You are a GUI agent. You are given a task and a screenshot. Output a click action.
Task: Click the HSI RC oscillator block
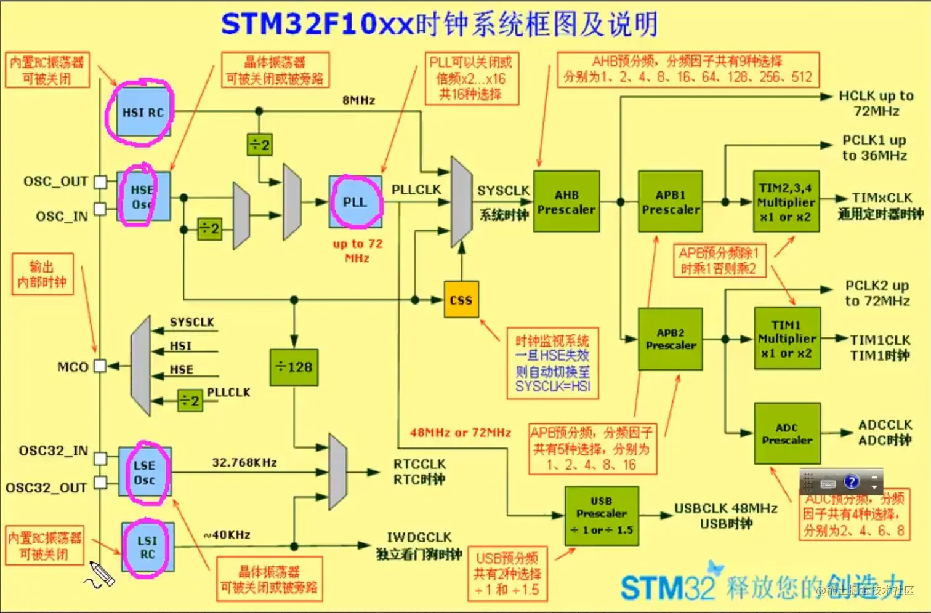[x=143, y=112]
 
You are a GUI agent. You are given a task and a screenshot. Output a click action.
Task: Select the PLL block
[x=355, y=202]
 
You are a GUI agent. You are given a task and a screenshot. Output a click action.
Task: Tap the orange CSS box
[x=461, y=300]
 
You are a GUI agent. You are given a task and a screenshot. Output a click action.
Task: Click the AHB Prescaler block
[x=566, y=202]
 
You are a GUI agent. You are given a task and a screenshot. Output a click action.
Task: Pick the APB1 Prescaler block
[x=671, y=202]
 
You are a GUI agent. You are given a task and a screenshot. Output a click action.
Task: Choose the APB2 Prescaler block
[x=671, y=339]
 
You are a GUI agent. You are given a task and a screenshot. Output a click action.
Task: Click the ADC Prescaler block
[x=787, y=434]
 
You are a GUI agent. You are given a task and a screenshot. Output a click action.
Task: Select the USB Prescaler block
[x=602, y=516]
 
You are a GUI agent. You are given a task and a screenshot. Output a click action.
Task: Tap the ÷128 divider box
[x=294, y=367]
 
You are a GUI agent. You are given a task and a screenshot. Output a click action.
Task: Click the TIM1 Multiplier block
[x=787, y=339]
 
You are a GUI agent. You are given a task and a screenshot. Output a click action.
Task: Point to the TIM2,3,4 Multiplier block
[x=786, y=202]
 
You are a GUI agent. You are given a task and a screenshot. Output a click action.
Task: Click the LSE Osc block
[x=145, y=472]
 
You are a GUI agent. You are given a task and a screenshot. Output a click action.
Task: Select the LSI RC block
[x=147, y=547]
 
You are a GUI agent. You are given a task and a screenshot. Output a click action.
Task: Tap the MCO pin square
[x=100, y=366]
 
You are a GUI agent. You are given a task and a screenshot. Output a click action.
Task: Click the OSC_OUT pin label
[x=55, y=182]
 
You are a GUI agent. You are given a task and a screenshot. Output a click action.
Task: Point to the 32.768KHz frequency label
[x=244, y=462]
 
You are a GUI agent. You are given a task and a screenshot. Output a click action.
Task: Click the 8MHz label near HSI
[x=359, y=100]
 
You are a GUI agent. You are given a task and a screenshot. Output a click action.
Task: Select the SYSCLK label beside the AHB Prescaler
[x=503, y=191]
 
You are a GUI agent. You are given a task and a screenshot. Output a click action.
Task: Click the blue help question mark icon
[x=852, y=481]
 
